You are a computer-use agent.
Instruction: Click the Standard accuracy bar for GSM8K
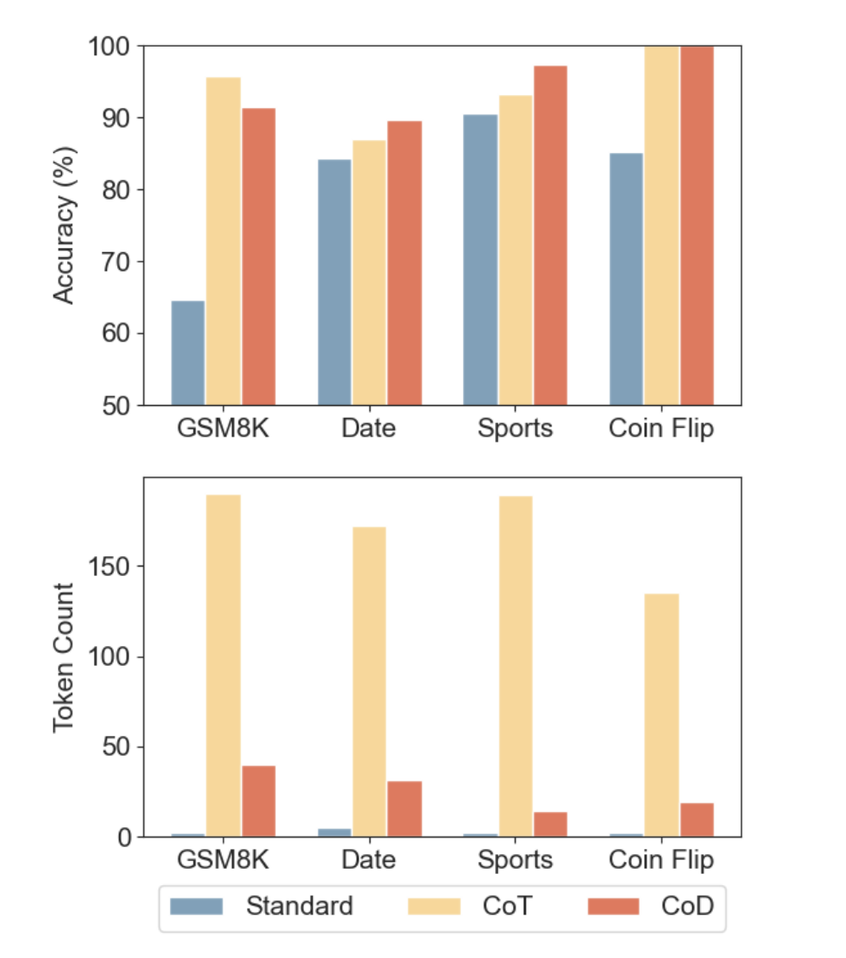coord(188,352)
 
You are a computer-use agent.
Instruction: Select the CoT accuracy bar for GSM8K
coord(223,241)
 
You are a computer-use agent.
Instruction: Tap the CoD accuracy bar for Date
coord(404,262)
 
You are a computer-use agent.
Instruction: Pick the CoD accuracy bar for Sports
coord(550,235)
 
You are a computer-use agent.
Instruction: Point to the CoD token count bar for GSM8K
coord(259,801)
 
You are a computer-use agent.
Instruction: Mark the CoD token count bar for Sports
coord(550,824)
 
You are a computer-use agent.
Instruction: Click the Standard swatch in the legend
coord(196,906)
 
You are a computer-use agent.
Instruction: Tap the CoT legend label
coord(507,906)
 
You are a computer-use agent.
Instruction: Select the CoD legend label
coord(687,906)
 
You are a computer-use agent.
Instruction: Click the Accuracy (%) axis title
coord(64,225)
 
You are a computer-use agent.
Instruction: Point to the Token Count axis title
coord(64,657)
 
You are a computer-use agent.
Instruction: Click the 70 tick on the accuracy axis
coord(116,262)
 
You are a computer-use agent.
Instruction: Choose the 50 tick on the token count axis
coord(116,747)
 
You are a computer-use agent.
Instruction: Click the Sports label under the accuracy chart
coord(515,428)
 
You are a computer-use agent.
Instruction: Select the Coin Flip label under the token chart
coord(661,859)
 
